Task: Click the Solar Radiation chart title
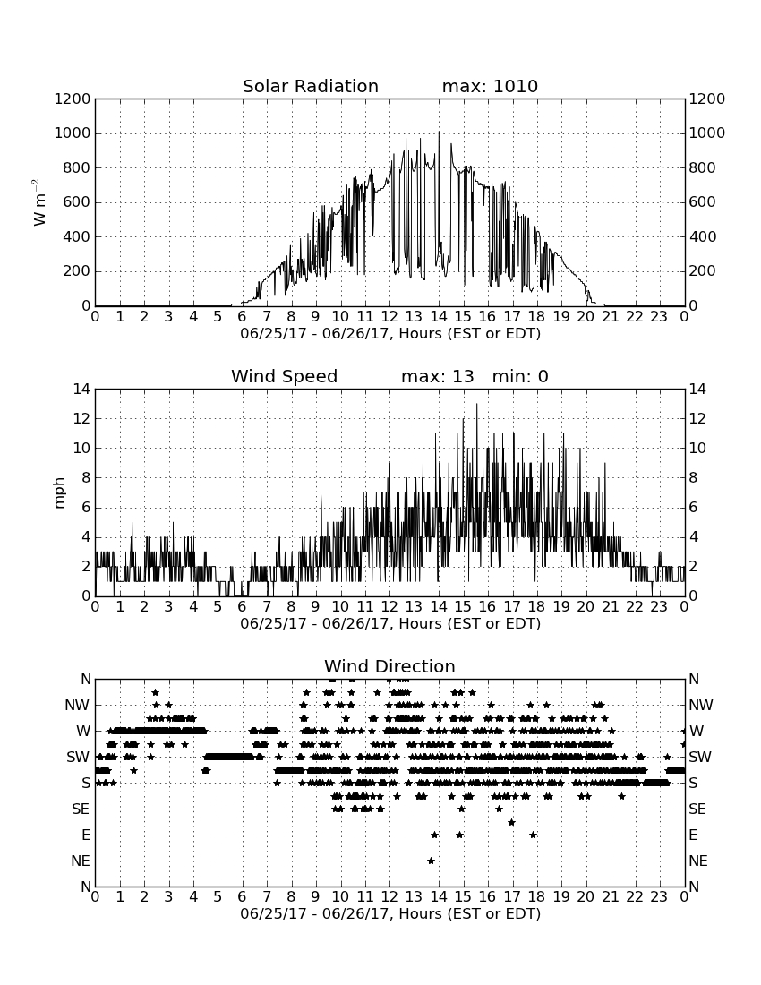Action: (311, 86)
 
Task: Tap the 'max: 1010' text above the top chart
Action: (490, 86)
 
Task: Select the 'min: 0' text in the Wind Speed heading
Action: (520, 376)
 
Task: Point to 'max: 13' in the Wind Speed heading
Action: (438, 376)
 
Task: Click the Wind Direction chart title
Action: (389, 666)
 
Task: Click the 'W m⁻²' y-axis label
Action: (38, 202)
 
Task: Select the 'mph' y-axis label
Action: (59, 492)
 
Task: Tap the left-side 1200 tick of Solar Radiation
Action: (73, 99)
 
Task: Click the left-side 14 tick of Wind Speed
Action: (81, 390)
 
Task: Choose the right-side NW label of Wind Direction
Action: (701, 706)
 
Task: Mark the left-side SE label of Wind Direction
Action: (81, 809)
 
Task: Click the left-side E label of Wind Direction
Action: (86, 835)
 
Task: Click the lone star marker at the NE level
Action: (431, 861)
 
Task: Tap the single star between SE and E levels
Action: (512, 822)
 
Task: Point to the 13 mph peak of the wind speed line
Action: (476, 404)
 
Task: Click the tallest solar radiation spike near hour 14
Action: (439, 132)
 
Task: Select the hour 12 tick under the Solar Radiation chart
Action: (389, 317)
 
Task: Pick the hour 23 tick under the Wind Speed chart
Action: (659, 607)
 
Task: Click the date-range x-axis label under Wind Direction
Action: (390, 913)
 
